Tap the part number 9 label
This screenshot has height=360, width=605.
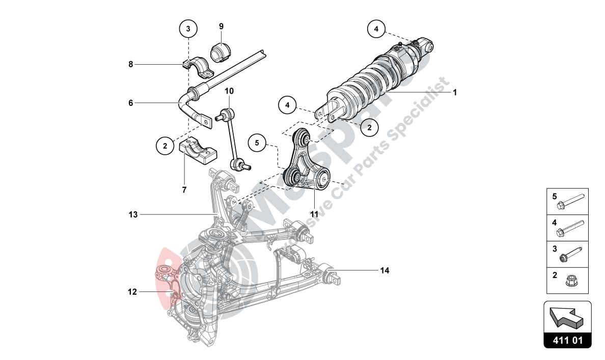(x=222, y=26)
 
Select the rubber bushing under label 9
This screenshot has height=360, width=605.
(x=221, y=51)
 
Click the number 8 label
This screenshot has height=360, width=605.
(x=131, y=64)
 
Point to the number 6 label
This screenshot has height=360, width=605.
(x=131, y=102)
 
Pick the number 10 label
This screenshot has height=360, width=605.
(x=229, y=91)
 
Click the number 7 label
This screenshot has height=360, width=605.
(x=184, y=189)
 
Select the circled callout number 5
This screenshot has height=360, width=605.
(x=257, y=143)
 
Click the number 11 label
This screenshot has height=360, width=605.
(x=315, y=213)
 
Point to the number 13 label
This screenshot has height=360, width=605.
(x=133, y=215)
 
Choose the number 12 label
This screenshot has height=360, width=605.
(x=132, y=292)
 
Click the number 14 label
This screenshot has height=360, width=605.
(x=384, y=270)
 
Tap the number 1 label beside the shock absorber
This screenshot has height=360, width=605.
(x=455, y=93)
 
